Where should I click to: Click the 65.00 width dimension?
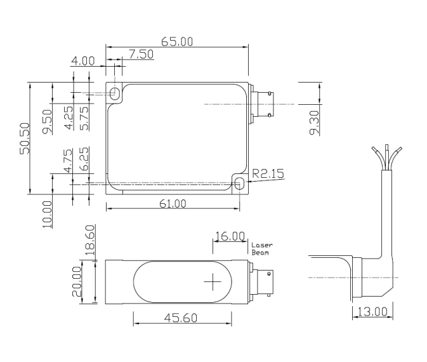tap(177, 42)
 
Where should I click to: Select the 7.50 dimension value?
tap(141, 55)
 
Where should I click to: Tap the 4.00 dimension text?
tap(82, 62)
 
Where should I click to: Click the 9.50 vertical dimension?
tap(47, 121)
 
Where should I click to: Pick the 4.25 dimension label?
tap(69, 117)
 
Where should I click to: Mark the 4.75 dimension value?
tap(69, 161)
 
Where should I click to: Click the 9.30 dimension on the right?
tap(314, 121)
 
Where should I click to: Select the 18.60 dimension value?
tap(89, 239)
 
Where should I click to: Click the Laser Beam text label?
tap(261, 248)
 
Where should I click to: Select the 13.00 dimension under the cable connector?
tap(372, 311)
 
